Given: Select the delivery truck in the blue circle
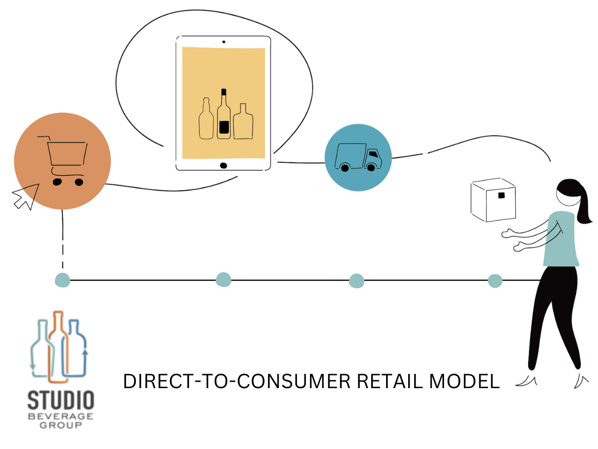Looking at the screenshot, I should click(358, 158).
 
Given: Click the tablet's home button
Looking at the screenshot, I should click(223, 165).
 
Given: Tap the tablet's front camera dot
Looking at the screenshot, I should click(224, 42).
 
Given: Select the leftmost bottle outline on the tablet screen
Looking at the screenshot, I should click(206, 120).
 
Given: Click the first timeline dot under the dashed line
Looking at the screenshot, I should click(62, 280).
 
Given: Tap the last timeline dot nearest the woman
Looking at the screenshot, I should click(495, 281).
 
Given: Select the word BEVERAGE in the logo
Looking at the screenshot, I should click(61, 417).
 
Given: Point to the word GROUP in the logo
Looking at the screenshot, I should click(61, 426).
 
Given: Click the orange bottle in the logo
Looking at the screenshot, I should click(58, 344).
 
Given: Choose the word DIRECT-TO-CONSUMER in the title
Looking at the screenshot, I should click(236, 382).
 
